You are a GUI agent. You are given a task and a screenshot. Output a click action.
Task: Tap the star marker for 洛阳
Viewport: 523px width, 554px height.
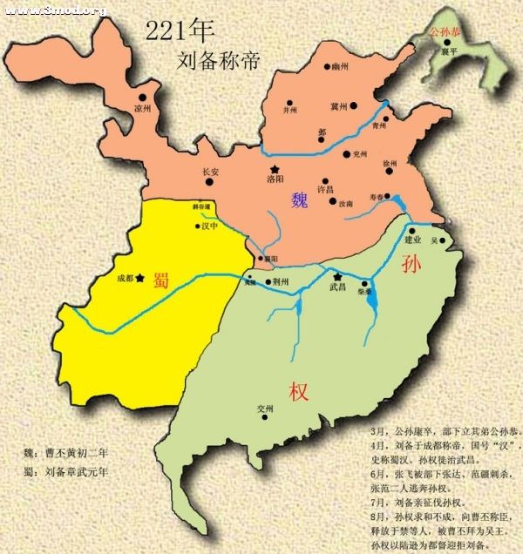pos(275,168)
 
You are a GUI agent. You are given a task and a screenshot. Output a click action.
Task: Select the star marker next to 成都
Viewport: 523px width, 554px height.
pos(139,278)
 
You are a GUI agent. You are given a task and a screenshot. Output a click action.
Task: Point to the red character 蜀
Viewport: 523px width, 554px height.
pos(161,280)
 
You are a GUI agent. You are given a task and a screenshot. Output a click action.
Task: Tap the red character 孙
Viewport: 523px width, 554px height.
pos(411,264)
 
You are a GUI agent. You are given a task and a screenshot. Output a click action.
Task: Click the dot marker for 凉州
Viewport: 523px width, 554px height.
pos(141,97)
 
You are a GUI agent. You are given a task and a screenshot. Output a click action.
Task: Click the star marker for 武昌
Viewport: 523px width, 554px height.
pos(336,276)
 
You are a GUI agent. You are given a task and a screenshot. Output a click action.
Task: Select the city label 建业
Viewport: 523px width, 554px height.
pos(413,239)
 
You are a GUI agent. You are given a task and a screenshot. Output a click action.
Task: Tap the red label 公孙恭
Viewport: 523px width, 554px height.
pos(447,32)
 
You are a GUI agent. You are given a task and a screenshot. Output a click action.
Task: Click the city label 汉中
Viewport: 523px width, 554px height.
pos(208,226)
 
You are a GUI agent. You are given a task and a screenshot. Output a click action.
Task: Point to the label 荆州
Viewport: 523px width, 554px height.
pos(280,283)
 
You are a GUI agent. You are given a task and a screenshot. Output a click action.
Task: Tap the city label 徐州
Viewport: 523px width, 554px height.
pos(389,164)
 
